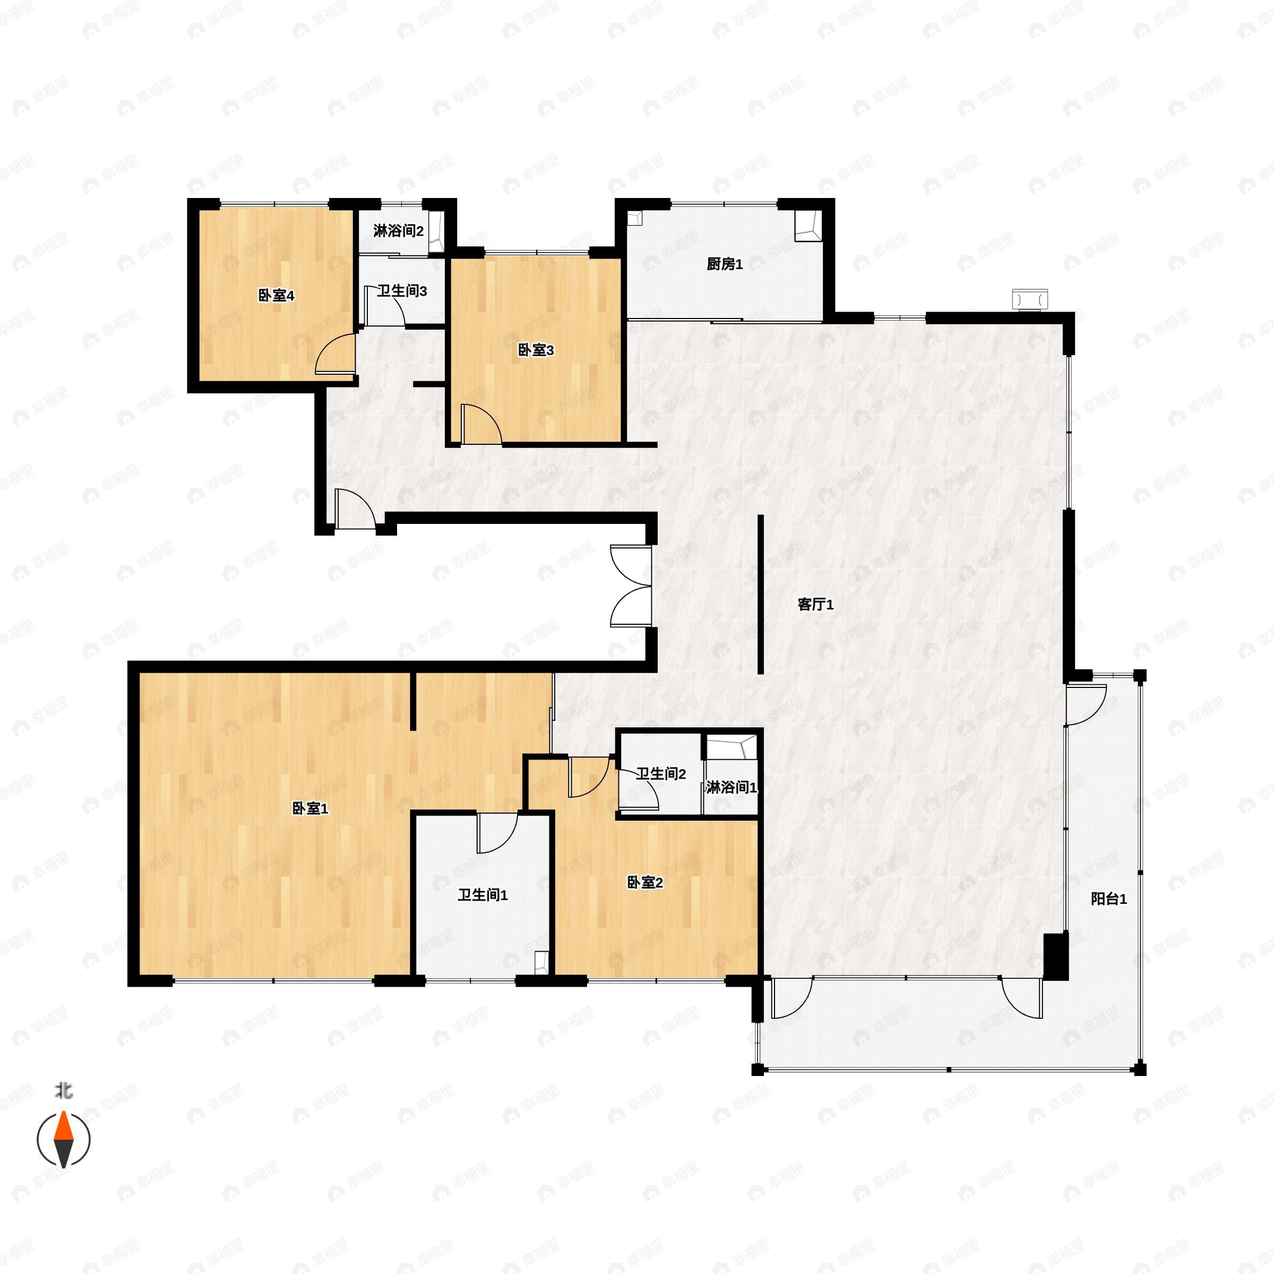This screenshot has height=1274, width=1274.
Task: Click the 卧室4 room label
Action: [x=276, y=296]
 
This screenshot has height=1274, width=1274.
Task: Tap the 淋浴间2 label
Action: [x=398, y=231]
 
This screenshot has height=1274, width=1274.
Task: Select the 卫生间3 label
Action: [x=402, y=291]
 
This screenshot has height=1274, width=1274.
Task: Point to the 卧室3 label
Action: [x=536, y=350]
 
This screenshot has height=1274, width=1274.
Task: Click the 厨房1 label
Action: [x=725, y=264]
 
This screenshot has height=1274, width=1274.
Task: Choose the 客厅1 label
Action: [x=816, y=604]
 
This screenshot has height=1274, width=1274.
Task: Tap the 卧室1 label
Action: [x=310, y=808]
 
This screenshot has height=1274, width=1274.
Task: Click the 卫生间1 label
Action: [x=483, y=895]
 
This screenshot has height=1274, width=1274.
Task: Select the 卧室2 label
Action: [x=644, y=882]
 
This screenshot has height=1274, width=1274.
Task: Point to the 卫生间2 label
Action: [x=661, y=773]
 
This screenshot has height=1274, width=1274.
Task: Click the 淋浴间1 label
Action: [x=730, y=787]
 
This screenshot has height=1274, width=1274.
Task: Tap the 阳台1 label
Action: [x=1108, y=898]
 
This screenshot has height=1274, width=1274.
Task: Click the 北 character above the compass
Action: [x=63, y=1091]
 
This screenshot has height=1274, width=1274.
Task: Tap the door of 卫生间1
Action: [x=496, y=833]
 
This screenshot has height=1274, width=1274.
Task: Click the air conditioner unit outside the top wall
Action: [x=1030, y=299]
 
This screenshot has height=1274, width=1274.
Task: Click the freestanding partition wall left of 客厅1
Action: [x=760, y=593]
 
